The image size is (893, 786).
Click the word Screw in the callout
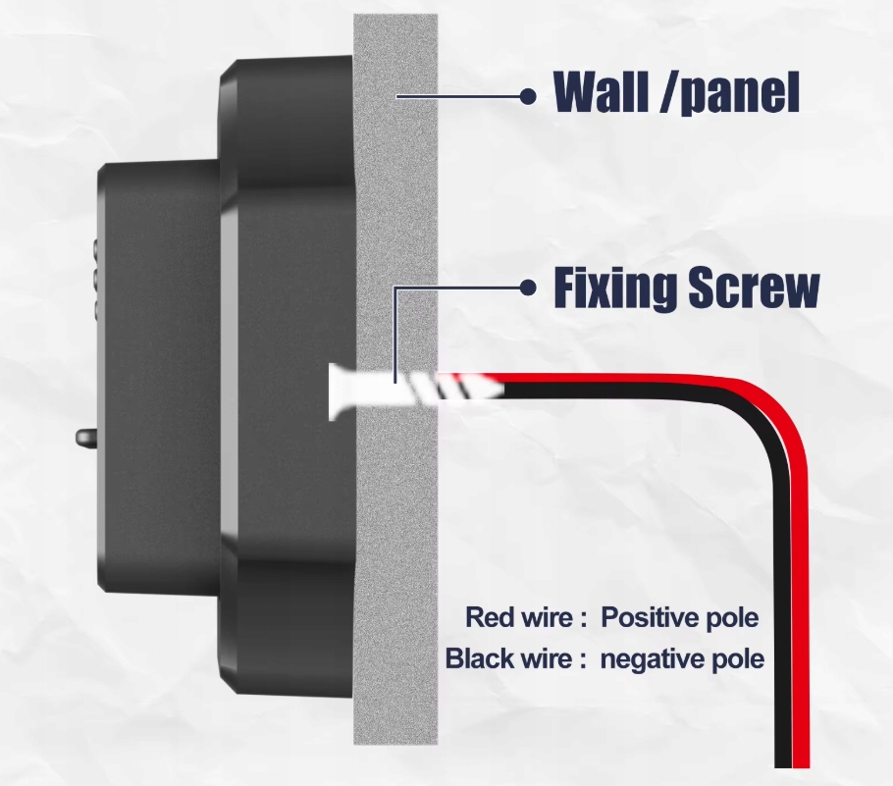(x=754, y=288)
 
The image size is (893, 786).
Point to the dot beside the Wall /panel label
(x=528, y=95)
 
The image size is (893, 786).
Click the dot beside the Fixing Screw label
(x=528, y=288)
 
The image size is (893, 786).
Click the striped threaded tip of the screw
(x=461, y=387)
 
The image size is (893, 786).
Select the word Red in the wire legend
(x=490, y=618)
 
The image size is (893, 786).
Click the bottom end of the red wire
(x=801, y=760)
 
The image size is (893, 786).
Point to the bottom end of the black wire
(x=783, y=760)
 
